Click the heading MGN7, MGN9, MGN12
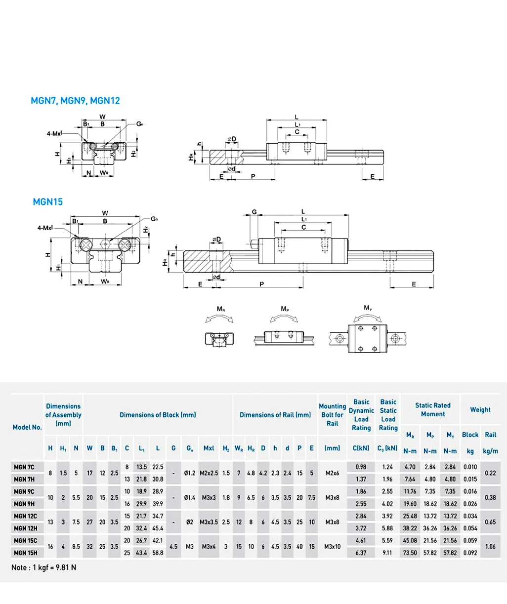click(75, 101)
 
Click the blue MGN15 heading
click(48, 201)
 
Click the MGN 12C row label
click(25, 516)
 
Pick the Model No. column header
click(27, 427)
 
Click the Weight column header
click(480, 409)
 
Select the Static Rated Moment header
click(432, 409)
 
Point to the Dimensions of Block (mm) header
click(158, 415)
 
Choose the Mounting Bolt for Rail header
click(332, 415)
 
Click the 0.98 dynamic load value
click(361, 467)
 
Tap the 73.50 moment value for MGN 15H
click(410, 553)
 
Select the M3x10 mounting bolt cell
click(332, 547)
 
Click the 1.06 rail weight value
click(490, 547)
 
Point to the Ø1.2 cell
click(190, 473)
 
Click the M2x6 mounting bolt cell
click(332, 473)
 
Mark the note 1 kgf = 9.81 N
click(44, 567)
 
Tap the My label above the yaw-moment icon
click(368, 308)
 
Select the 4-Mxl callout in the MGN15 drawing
click(45, 228)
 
